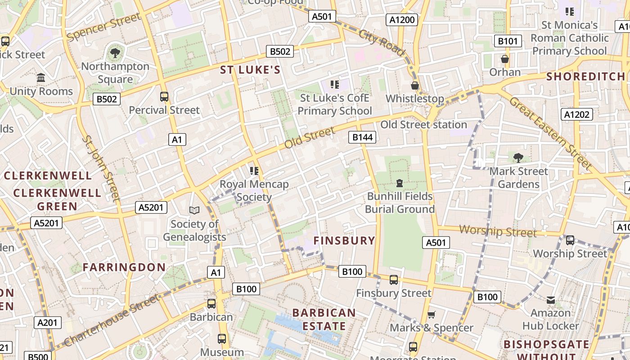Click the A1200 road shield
click(402, 20)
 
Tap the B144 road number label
click(362, 137)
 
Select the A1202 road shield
click(576, 114)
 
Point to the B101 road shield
click(508, 41)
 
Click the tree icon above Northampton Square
click(115, 53)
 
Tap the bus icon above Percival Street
click(164, 96)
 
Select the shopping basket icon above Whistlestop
click(415, 85)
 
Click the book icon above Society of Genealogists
click(194, 210)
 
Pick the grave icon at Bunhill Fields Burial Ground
click(399, 183)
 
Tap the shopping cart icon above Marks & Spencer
click(431, 315)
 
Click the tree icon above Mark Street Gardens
click(518, 157)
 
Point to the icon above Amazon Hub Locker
click(550, 300)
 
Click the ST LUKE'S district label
click(250, 70)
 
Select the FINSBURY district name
click(344, 240)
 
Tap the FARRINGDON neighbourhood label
click(124, 267)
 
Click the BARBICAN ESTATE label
click(324, 319)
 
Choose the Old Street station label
click(423, 125)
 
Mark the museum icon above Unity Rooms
click(41, 78)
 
